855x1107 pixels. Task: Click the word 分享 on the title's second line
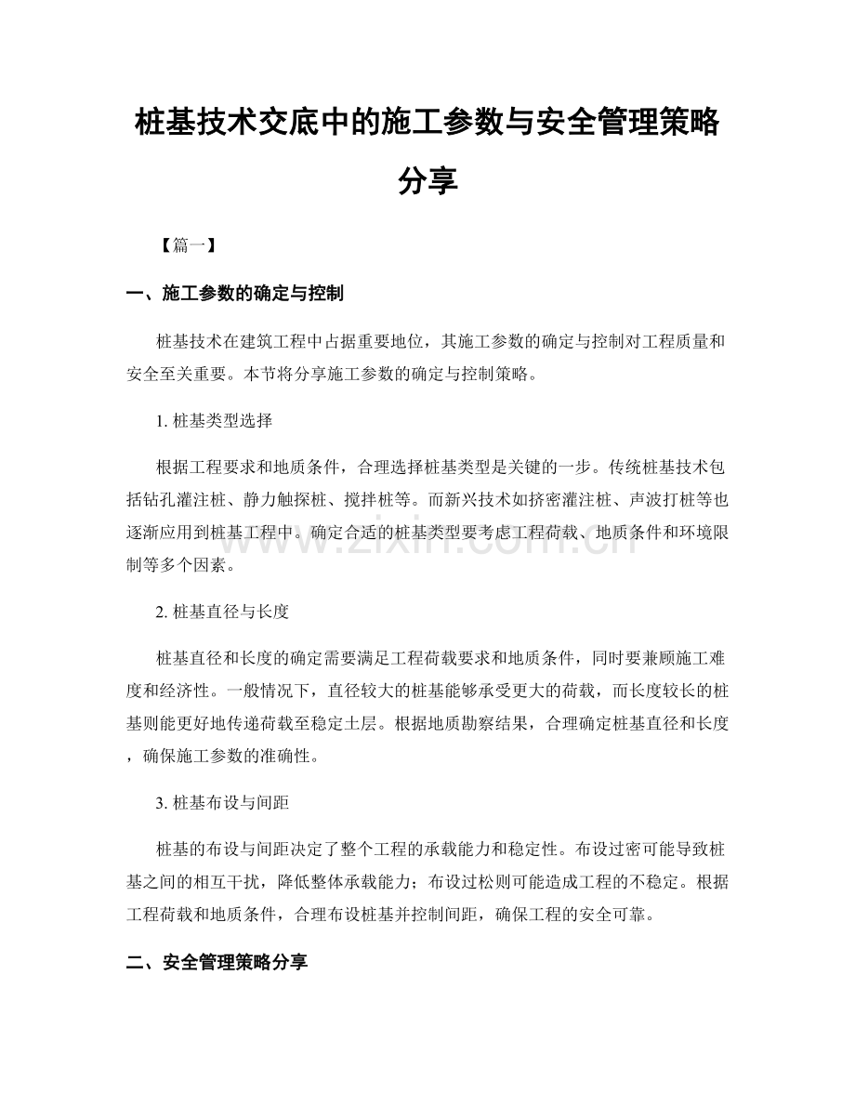[x=427, y=180]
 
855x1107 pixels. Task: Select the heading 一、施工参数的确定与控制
[x=235, y=295]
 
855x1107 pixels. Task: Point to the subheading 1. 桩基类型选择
[x=215, y=421]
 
